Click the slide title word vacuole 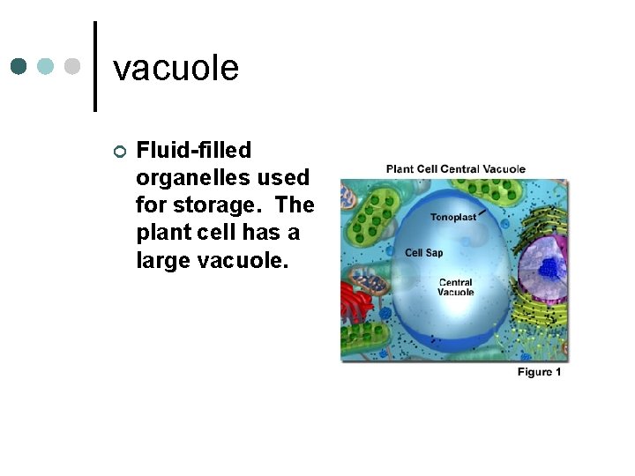pos(176,68)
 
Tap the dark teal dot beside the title pos(19,67)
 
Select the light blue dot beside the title pos(46,67)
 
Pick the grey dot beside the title pos(73,67)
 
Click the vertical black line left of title pos(94,66)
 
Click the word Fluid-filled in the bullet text pos(194,151)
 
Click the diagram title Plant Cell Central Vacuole pos(455,169)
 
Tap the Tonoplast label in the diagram pos(453,217)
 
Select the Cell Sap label pos(423,253)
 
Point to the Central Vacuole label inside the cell pos(456,287)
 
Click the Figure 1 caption pos(539,372)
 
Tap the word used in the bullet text pos(282,177)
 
